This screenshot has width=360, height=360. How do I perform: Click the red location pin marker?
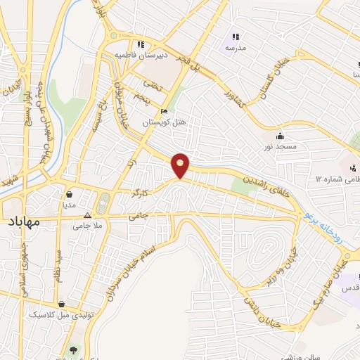tap(181, 166)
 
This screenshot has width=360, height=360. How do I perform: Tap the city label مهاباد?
tap(22, 222)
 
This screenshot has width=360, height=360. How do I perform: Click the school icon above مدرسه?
tap(236, 37)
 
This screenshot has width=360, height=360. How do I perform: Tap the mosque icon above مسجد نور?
tap(281, 136)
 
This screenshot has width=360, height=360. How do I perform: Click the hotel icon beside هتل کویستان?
tap(165, 112)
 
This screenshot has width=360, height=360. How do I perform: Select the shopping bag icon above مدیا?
tap(70, 195)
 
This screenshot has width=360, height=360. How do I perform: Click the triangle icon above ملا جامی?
tap(88, 215)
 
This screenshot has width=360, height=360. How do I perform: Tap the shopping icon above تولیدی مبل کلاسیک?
tap(63, 304)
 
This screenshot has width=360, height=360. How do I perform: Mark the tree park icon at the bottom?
tap(74, 349)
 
